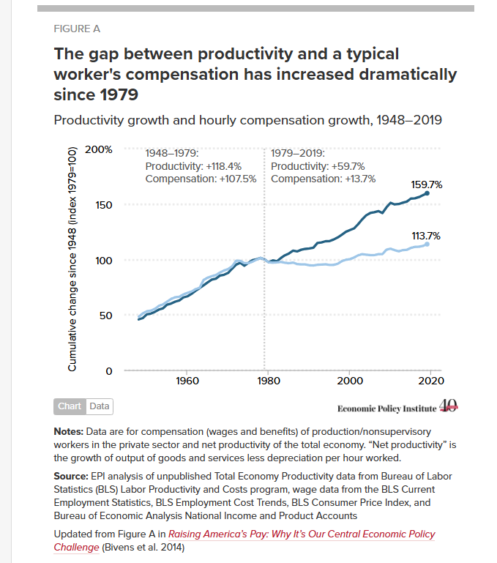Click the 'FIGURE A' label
(77, 29)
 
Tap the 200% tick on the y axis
(98, 149)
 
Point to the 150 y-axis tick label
(104, 205)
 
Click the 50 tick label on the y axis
(106, 316)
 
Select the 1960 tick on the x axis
(187, 381)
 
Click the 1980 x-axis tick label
(268, 381)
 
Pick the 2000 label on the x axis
(350, 381)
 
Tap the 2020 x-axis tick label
(431, 381)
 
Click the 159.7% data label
(427, 184)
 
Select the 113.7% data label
(426, 236)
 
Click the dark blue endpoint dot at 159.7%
(427, 193)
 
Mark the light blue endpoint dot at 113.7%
(427, 244)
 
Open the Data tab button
(100, 406)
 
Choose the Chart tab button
(70, 406)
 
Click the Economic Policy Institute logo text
(386, 409)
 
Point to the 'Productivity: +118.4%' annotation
(193, 166)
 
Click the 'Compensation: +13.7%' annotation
(324, 179)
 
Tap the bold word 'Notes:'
(69, 431)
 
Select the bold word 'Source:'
(71, 476)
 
